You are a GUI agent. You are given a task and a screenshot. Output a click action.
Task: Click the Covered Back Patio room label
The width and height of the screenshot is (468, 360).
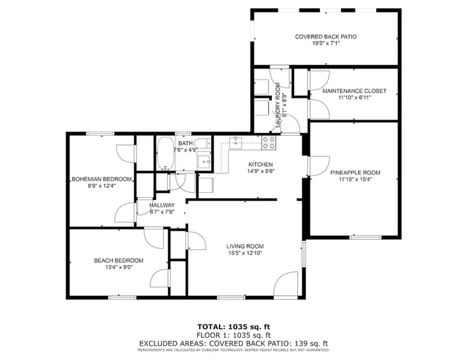pos(325,37)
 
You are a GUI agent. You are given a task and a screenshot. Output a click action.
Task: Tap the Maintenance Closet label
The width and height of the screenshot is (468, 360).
pos(354,91)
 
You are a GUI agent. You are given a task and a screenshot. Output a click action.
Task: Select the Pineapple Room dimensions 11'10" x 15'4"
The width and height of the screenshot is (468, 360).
pos(355,180)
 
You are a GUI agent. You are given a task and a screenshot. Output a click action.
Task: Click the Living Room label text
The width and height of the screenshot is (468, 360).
pos(245,246)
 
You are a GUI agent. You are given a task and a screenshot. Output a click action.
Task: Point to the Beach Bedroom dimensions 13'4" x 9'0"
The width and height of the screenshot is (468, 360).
pos(119,267)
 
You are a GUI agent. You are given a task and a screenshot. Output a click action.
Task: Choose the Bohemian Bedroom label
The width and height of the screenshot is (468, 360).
pos(102,179)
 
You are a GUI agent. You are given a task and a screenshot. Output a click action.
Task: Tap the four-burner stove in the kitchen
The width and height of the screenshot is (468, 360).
pos(269,142)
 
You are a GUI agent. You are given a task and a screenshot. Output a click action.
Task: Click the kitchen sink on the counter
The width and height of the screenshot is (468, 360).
pos(236,141)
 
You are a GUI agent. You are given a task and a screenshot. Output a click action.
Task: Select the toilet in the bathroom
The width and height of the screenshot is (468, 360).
pos(204,144)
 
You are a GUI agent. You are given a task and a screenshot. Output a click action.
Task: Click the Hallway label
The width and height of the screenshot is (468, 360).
pos(162,205)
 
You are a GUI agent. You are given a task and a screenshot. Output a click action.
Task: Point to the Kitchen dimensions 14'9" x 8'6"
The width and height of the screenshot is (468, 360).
pos(260,171)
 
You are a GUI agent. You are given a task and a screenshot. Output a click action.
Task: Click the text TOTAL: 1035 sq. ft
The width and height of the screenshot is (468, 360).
pos(234,326)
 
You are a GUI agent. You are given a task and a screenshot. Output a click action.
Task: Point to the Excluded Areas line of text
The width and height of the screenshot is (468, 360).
pos(233,343)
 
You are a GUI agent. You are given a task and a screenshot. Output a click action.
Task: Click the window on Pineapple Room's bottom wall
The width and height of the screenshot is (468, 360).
pos(366,237)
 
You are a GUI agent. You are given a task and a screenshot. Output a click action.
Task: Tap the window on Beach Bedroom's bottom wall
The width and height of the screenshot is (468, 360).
pos(122,297)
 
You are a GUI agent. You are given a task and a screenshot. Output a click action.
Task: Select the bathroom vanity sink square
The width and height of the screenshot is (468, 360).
pos(204,161)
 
